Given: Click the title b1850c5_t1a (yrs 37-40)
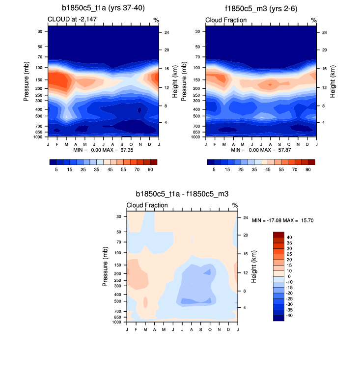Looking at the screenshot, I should tap(103, 8).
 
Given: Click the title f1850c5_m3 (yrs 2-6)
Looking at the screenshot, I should tap(260, 8).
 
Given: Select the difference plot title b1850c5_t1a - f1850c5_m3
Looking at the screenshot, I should tap(182, 194).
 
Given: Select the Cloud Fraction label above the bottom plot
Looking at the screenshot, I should tap(147, 205).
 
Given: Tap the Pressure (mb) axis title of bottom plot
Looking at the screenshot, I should tap(106, 267).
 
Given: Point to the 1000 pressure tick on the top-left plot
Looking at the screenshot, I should tap(39, 137).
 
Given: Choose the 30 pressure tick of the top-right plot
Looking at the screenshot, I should tap(198, 31).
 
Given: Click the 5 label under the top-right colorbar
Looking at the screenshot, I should tap(214, 169).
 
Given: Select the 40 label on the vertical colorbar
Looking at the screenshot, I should tap(289, 237).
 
